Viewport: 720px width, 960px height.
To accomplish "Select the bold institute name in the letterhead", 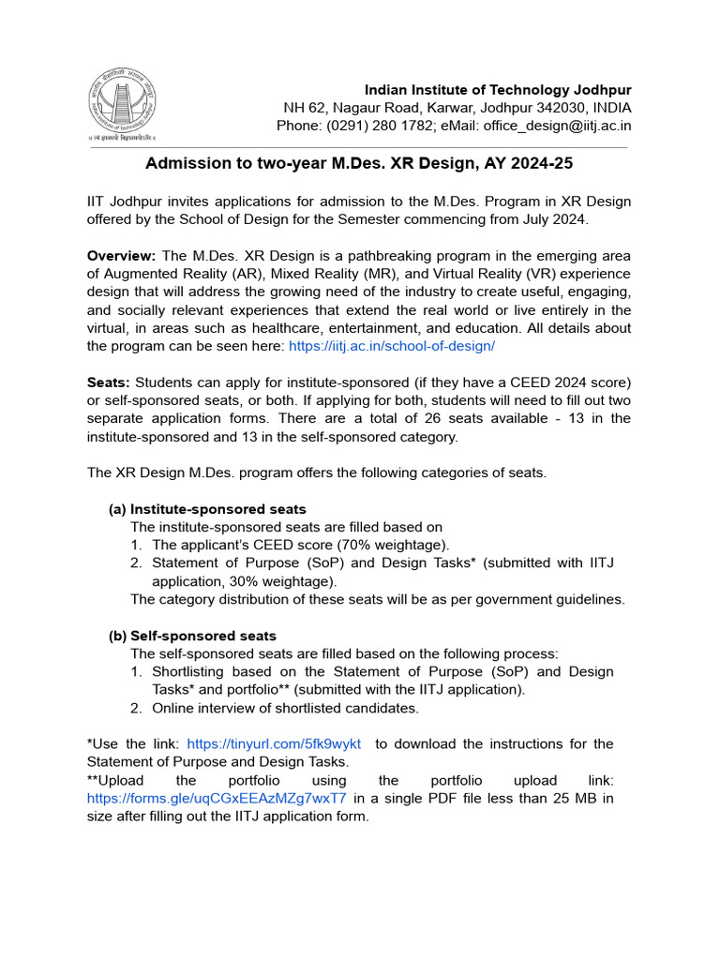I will coord(498,90).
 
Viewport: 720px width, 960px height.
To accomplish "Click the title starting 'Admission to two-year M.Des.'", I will coord(359,163).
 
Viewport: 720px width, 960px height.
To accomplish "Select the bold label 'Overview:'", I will coord(121,256).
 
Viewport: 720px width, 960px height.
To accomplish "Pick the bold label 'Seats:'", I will coord(109,382).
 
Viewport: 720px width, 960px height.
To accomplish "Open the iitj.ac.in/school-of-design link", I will coord(392,346).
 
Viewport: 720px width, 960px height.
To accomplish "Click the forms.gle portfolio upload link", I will coord(217,799).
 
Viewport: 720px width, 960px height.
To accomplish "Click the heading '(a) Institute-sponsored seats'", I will coord(207,509).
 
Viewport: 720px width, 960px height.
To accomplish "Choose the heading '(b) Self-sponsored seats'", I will coord(192,636).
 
